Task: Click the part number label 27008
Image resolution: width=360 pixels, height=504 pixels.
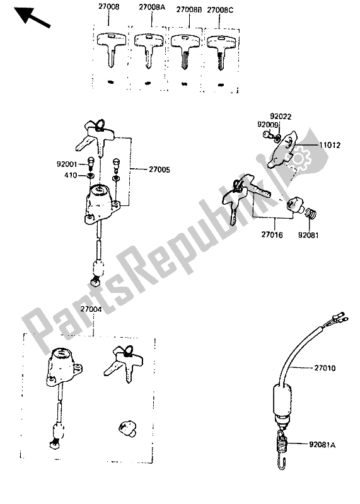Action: [108, 6]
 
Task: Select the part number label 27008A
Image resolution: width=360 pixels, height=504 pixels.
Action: [152, 7]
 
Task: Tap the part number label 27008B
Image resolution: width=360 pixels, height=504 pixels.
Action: [189, 9]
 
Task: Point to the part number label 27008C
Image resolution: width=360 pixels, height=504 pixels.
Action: [220, 10]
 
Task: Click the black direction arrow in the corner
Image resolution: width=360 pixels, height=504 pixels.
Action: [32, 17]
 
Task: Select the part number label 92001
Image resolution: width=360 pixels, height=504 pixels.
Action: [67, 164]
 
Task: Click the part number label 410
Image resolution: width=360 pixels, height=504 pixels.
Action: [71, 175]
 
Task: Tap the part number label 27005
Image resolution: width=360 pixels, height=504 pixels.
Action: [160, 169]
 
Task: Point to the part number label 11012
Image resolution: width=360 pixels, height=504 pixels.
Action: [330, 145]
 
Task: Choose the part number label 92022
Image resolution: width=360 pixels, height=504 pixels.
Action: [281, 117]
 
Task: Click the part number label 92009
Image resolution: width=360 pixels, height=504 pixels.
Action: [268, 124]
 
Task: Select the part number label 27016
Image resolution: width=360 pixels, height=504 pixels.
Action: [272, 234]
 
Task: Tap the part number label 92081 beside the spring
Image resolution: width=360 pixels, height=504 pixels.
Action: [308, 235]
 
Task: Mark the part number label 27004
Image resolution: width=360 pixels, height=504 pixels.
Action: [91, 309]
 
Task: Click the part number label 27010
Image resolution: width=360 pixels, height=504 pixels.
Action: [325, 368]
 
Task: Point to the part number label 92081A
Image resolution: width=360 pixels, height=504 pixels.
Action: [322, 445]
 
